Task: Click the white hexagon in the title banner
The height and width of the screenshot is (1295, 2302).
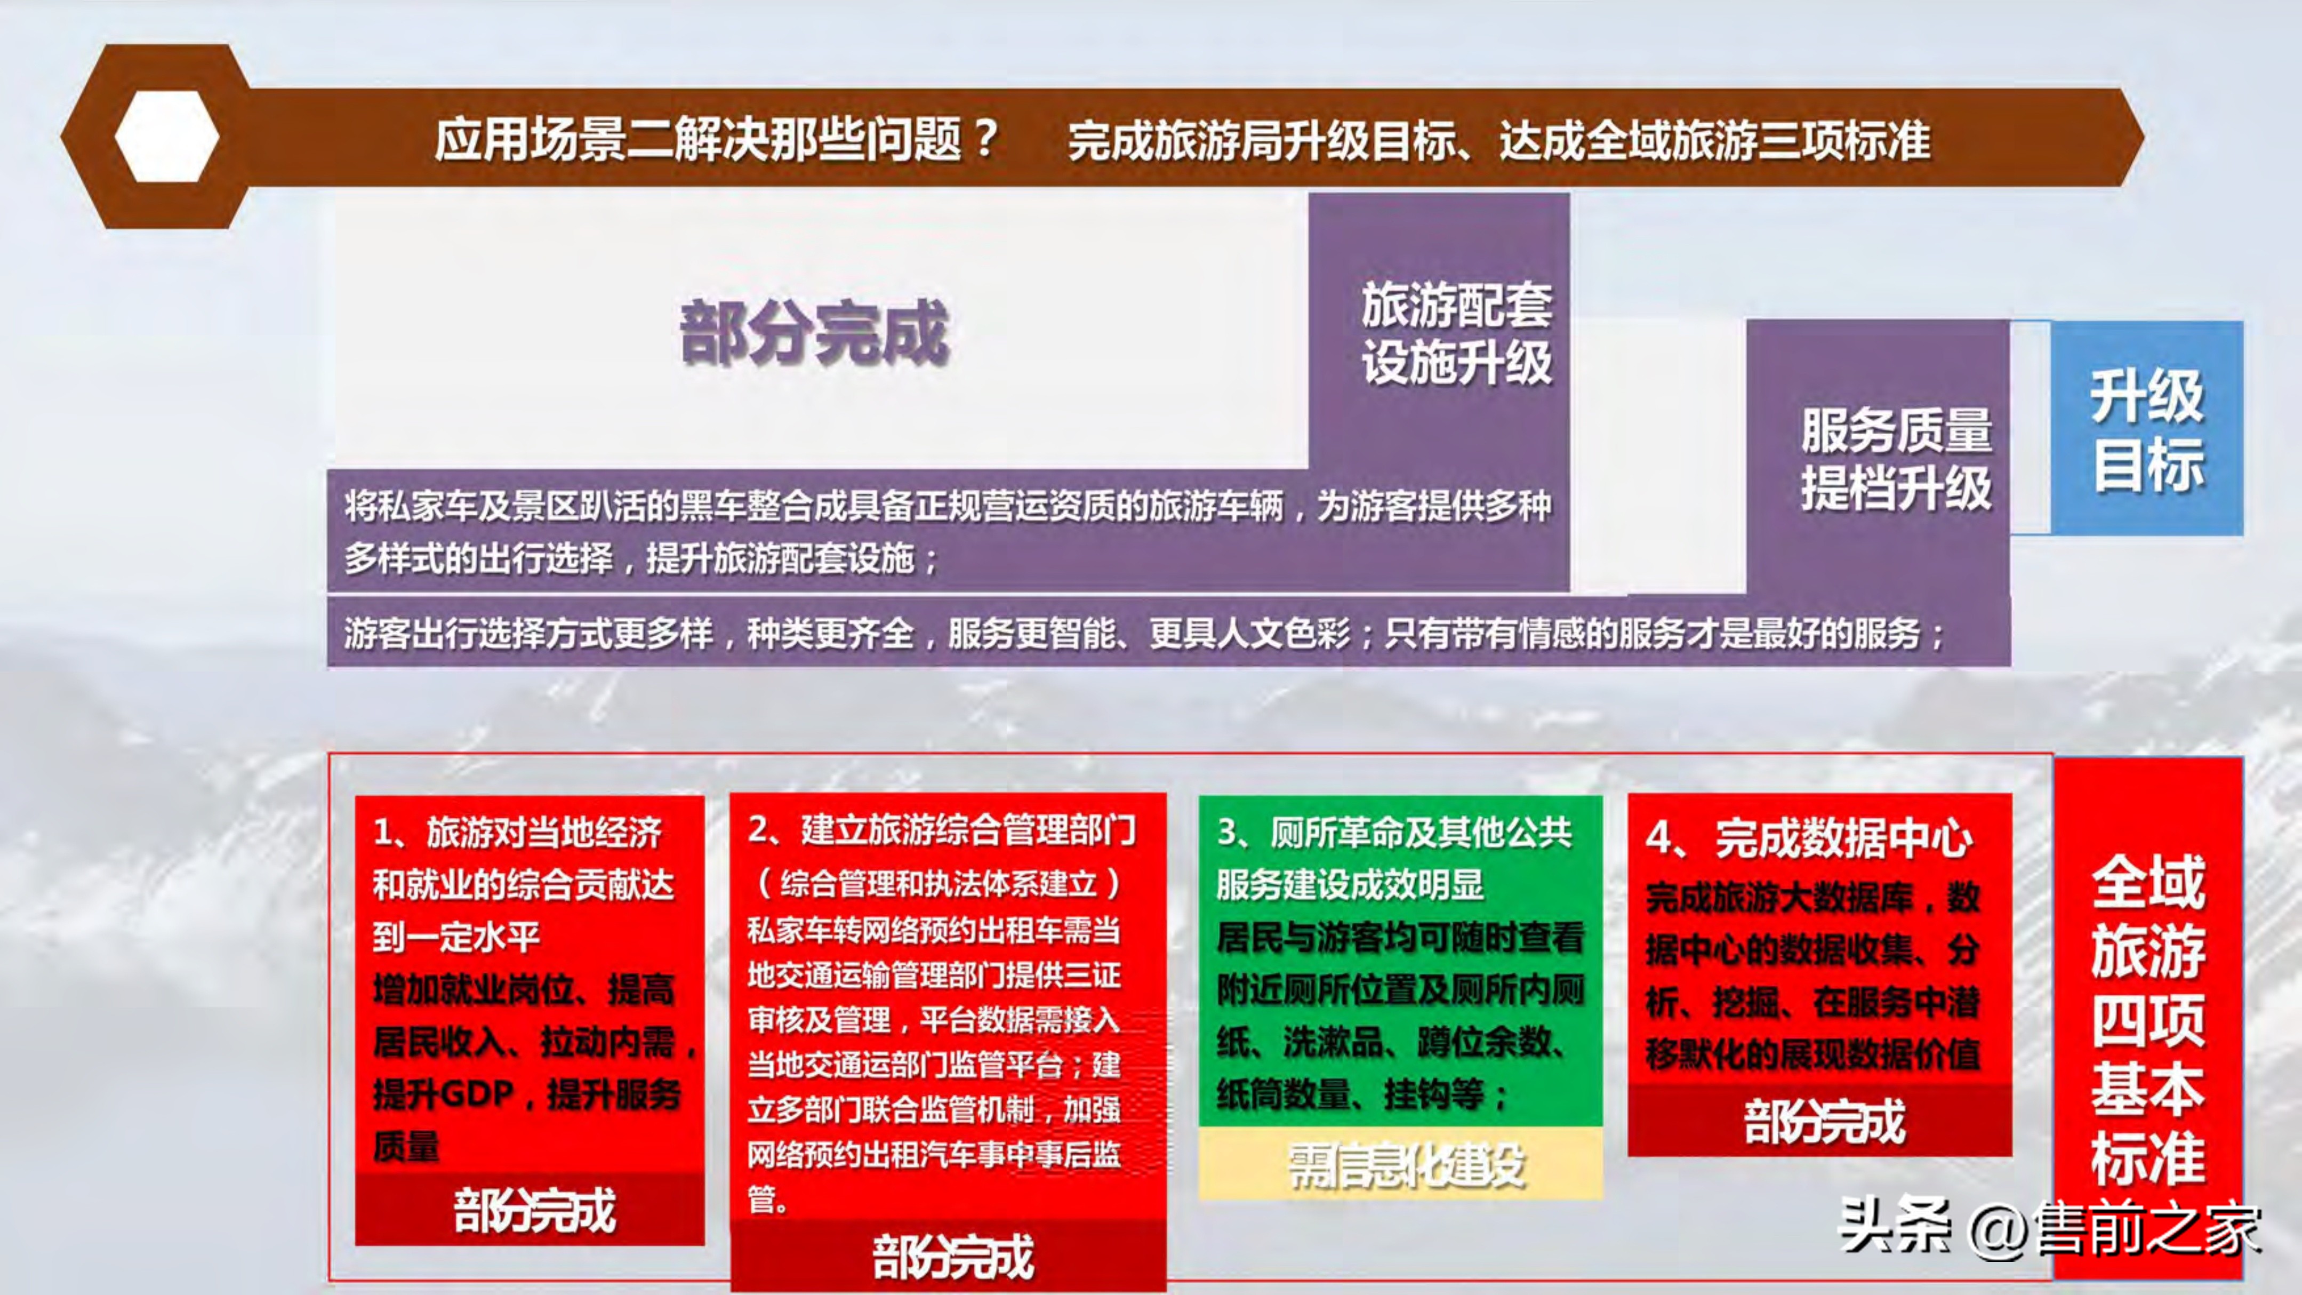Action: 167,137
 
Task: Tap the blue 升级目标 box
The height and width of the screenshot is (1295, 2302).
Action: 2146,428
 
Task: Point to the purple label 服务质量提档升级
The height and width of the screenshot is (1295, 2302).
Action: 1895,459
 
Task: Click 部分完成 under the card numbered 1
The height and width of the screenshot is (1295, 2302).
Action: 534,1211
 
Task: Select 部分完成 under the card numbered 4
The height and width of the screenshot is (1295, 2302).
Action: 1824,1122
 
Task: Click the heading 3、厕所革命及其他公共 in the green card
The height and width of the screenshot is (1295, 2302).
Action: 1394,832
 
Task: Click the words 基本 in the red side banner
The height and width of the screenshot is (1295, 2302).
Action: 2147,1090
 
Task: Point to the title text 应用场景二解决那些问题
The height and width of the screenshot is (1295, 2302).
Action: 697,140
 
